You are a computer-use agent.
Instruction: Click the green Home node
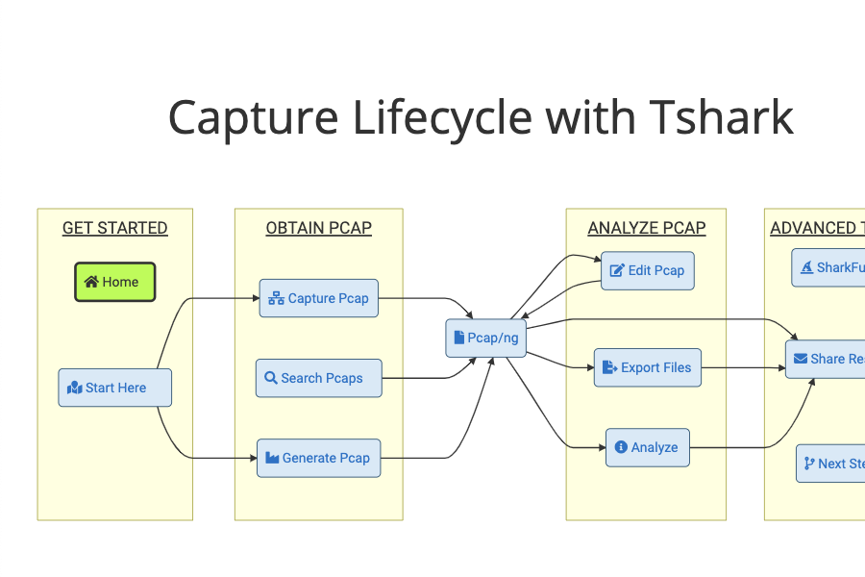(115, 282)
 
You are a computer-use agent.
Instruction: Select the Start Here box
(115, 388)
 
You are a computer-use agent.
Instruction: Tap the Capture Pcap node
(318, 298)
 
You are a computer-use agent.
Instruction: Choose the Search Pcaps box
(318, 378)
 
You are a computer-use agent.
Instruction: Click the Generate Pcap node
(318, 458)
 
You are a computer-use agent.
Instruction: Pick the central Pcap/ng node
(486, 338)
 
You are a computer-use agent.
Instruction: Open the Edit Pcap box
(647, 270)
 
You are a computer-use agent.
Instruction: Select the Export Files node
(647, 367)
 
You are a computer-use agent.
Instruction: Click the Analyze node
(647, 447)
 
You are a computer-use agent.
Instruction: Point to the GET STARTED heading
(115, 228)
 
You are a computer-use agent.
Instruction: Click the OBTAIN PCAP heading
(318, 228)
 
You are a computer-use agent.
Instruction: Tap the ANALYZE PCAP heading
(647, 228)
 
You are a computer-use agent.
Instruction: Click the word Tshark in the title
(721, 118)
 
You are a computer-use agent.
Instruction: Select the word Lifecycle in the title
(442, 118)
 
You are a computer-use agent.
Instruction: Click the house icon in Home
(91, 282)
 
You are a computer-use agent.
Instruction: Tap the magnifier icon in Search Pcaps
(271, 378)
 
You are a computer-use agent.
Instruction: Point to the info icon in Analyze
(621, 447)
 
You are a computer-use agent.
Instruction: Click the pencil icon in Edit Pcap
(617, 270)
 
